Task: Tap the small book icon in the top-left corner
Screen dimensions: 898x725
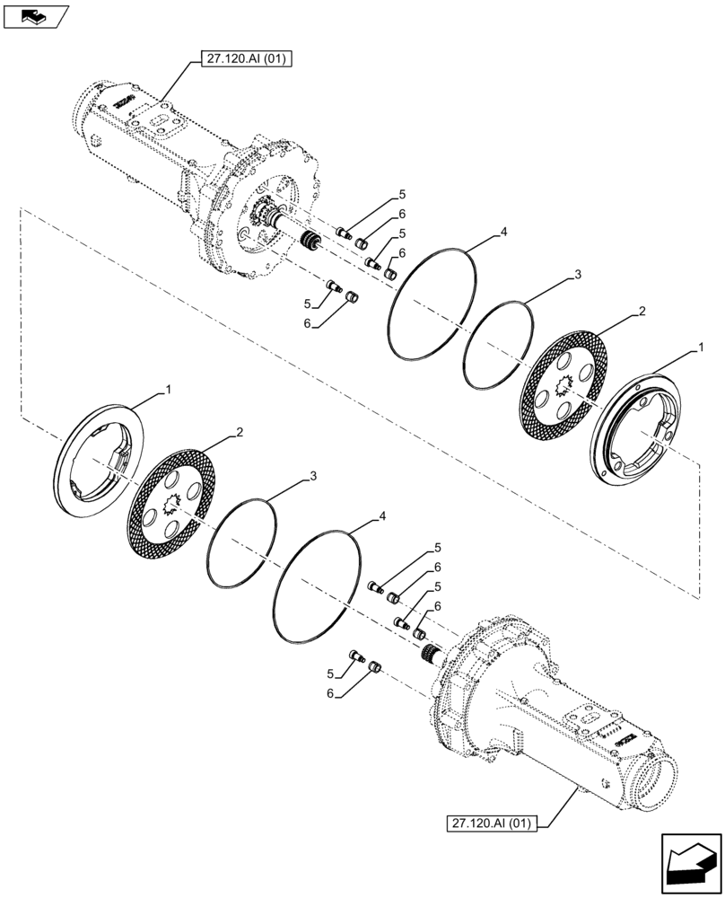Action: click(35, 14)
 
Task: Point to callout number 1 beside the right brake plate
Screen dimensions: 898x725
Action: click(701, 347)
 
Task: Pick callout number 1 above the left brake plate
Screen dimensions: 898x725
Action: click(167, 390)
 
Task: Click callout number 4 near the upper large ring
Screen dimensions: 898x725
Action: click(503, 233)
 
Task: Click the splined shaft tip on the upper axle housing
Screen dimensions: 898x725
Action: click(313, 243)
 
